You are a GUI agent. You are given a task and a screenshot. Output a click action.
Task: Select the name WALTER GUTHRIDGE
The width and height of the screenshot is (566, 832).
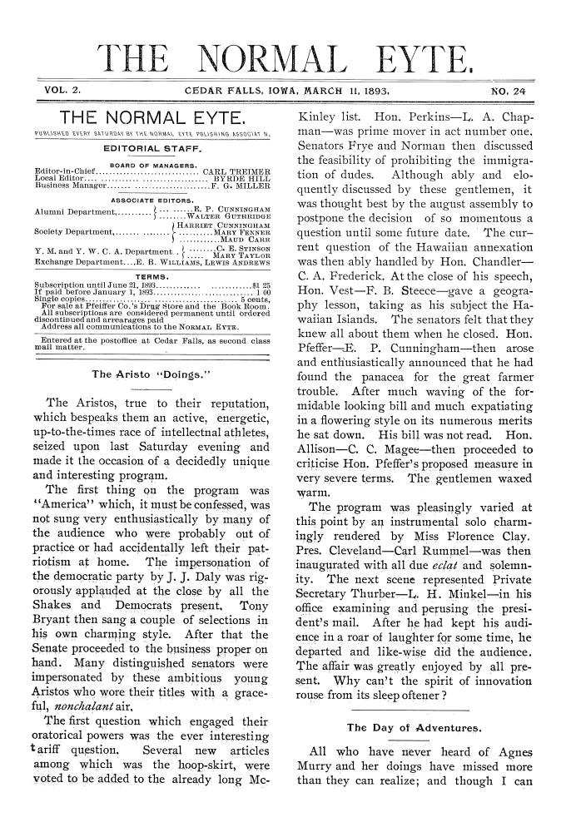pyautogui.click(x=235, y=216)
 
